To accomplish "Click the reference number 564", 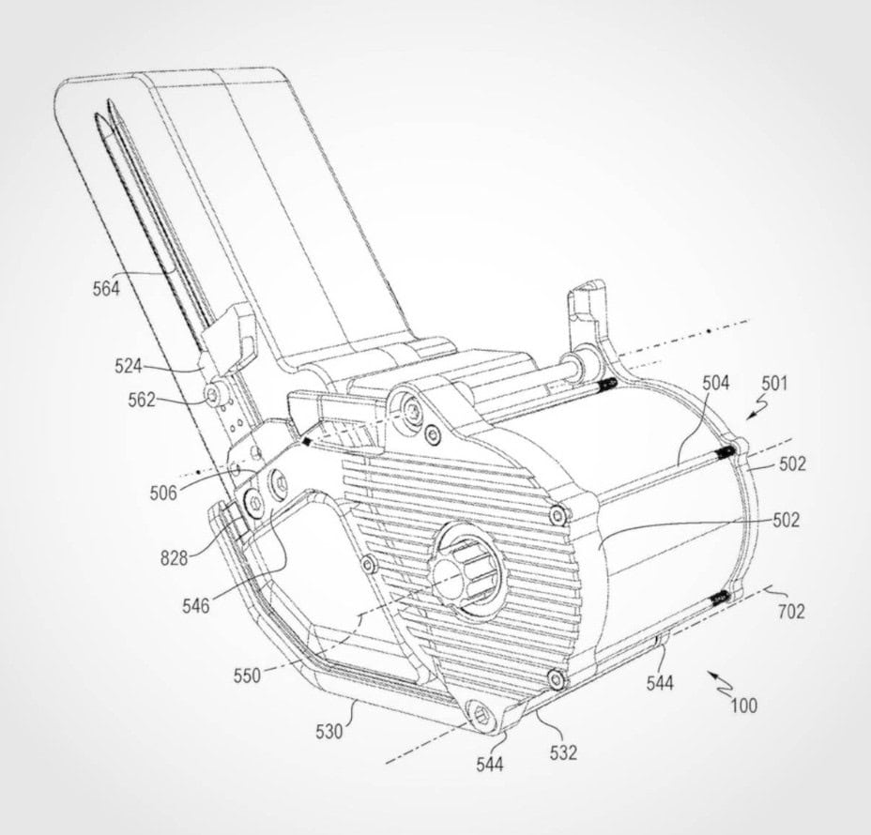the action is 106,289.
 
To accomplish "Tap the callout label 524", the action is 129,367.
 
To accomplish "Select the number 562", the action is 142,400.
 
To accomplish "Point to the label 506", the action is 163,493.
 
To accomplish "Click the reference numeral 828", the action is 175,558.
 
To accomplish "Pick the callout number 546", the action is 196,606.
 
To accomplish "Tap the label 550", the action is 247,676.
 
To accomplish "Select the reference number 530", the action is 329,733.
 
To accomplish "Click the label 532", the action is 564,752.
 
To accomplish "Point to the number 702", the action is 791,612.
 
